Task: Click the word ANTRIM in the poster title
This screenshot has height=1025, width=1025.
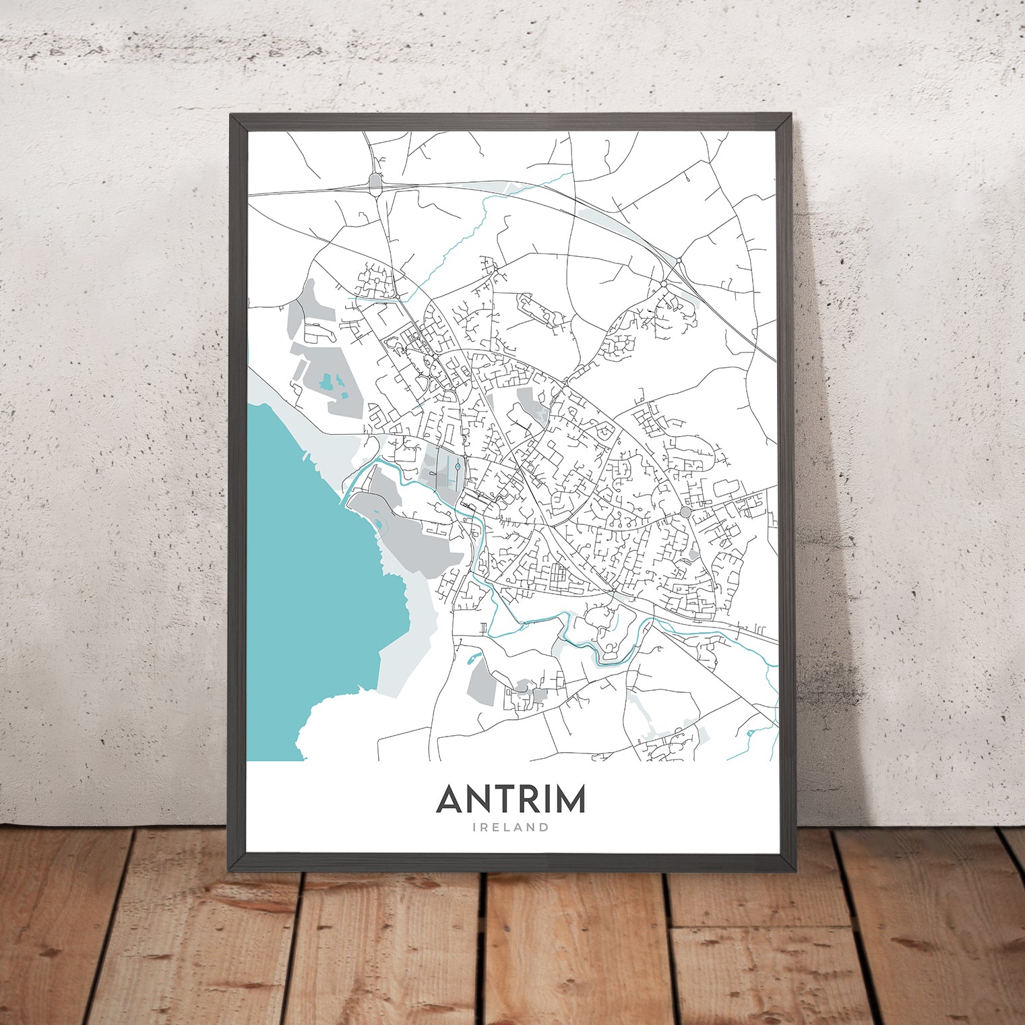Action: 511,799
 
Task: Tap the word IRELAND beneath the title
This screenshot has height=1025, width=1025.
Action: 511,827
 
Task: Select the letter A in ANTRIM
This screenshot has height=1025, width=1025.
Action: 451,799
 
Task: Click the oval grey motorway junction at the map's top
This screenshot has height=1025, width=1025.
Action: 375,181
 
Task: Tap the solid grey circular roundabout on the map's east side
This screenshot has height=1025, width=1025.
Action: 685,512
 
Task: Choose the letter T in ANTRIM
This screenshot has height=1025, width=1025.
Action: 497,799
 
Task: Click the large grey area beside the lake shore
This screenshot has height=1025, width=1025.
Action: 404,532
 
